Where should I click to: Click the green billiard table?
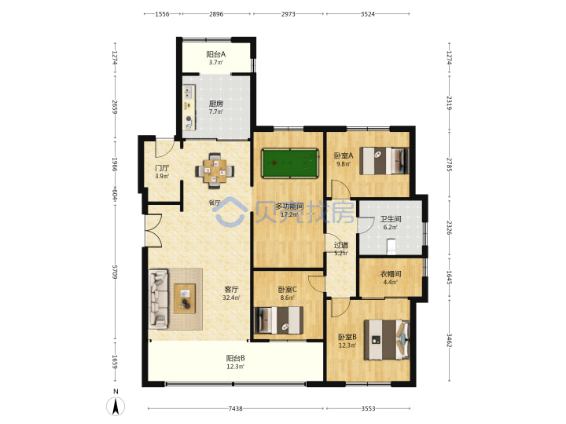[x=290, y=163]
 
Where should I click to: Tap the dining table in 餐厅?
[x=215, y=171]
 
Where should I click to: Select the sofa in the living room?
[x=159, y=299]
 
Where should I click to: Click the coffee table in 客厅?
[x=185, y=298]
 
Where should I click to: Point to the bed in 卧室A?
[x=384, y=161]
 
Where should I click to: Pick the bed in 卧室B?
[x=386, y=340]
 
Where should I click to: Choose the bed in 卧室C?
[x=278, y=320]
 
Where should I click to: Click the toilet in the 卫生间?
[x=391, y=246]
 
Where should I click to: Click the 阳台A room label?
[x=216, y=54]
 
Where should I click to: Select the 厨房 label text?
[x=216, y=104]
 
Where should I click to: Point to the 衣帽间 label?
[x=391, y=274]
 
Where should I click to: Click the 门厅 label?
[x=162, y=168]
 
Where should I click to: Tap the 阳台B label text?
[x=235, y=358]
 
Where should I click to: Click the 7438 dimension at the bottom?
[x=235, y=408]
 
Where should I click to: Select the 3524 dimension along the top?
[x=367, y=14]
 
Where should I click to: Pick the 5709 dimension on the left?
[x=115, y=272]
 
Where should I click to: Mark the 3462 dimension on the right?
[x=450, y=340]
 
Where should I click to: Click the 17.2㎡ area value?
[x=289, y=215]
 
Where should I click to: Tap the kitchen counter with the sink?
[x=189, y=108]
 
